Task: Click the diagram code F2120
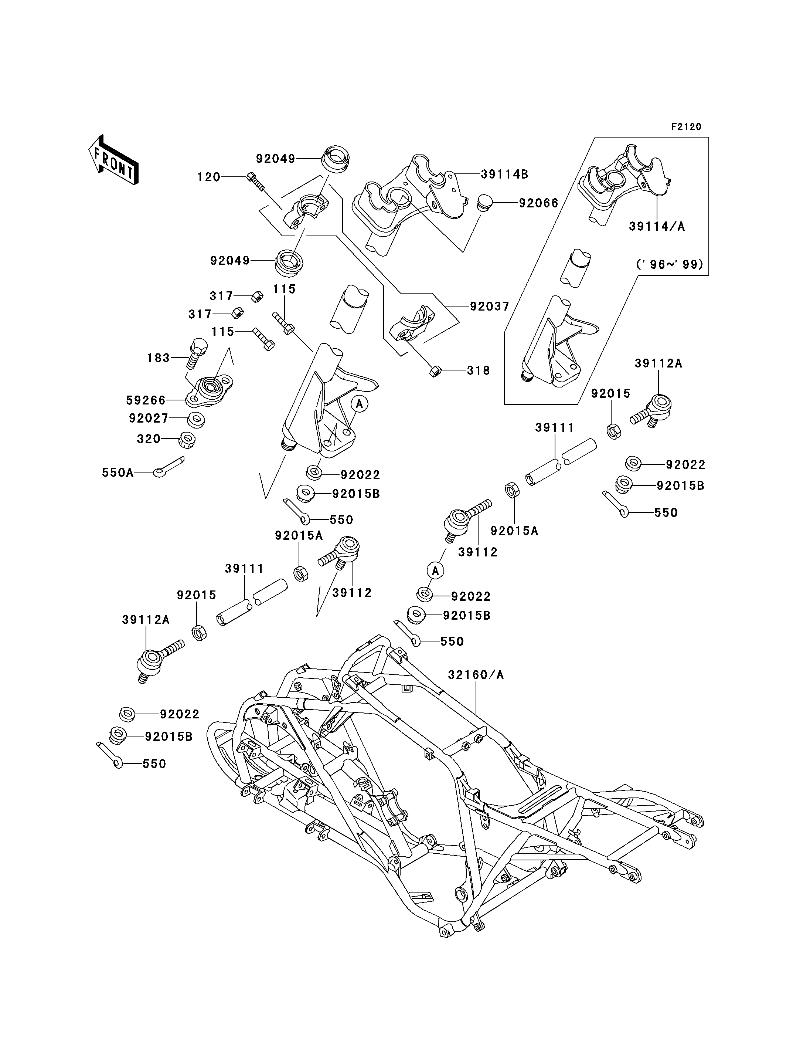(686, 127)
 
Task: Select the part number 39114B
(504, 174)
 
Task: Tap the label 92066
(538, 203)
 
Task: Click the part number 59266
(146, 400)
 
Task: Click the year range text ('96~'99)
(670, 264)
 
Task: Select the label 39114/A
(657, 226)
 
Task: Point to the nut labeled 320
(187, 440)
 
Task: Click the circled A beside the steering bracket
(359, 404)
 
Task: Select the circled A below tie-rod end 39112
(435, 571)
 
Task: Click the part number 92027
(149, 418)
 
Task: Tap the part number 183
(159, 358)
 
